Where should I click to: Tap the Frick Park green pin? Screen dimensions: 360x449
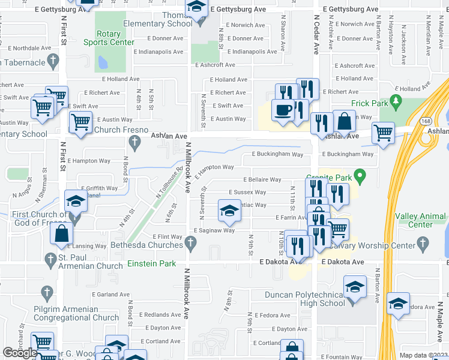(395, 100)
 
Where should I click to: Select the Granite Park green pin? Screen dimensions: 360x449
(360, 177)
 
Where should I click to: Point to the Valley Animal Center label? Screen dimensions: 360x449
(420, 220)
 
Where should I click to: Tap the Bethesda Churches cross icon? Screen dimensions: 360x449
(191, 242)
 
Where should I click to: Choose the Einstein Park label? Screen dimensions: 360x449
(152, 263)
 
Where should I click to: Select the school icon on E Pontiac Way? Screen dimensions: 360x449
(228, 210)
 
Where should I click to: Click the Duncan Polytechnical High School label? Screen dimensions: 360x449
(305, 299)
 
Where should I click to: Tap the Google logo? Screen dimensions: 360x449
(20, 353)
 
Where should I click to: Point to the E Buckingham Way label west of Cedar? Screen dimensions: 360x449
(277, 154)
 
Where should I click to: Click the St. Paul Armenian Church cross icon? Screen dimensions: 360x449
(49, 259)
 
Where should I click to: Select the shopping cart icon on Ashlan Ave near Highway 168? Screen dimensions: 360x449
(382, 132)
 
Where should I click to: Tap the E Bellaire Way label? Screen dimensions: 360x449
(262, 179)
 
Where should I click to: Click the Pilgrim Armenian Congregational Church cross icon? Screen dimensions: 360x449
(47, 293)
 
